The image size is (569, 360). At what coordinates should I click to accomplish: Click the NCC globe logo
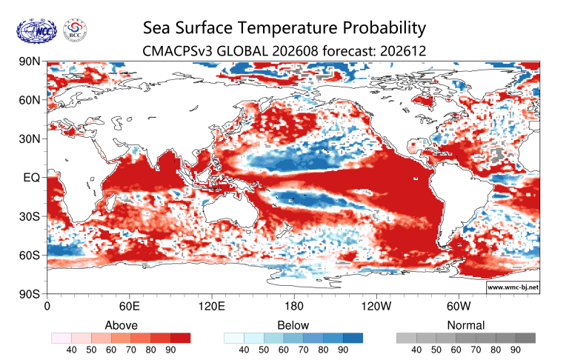tap(36, 31)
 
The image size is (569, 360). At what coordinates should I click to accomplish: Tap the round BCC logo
tap(75, 30)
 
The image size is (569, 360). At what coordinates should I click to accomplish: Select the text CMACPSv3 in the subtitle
tap(178, 50)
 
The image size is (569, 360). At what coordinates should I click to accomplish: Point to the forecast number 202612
tap(403, 50)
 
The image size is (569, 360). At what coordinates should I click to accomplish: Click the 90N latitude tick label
tap(30, 61)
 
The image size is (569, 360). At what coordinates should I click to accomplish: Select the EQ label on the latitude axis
tap(31, 178)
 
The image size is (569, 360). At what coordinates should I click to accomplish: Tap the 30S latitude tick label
tap(30, 216)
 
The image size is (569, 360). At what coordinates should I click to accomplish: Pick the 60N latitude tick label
tap(30, 100)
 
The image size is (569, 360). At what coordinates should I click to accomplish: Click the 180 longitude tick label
tap(293, 306)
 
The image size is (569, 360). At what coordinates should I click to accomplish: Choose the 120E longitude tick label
tap(212, 306)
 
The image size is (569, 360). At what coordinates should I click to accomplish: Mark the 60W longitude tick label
tap(459, 306)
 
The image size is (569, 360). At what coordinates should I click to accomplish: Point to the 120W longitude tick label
tap(376, 306)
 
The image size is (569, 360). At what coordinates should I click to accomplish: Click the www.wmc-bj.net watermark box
tap(513, 287)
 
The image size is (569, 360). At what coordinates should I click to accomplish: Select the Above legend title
tap(122, 325)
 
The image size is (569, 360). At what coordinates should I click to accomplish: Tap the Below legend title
tap(293, 325)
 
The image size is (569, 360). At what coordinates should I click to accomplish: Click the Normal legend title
tap(466, 325)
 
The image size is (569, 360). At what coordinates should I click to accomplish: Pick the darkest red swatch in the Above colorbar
tap(180, 339)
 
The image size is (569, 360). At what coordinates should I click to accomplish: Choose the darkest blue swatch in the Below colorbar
tap(353, 339)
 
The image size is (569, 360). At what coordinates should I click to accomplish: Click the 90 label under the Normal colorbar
tap(516, 350)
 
